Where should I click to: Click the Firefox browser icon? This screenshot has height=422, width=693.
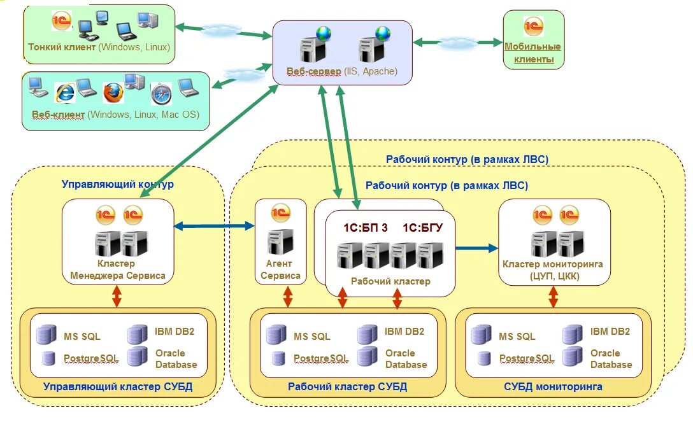[113, 93]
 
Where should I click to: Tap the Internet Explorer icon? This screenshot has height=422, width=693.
[65, 93]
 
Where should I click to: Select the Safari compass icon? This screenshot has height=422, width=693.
[161, 94]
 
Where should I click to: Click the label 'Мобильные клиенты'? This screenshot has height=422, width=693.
[533, 53]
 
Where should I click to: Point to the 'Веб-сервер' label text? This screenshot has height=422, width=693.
[314, 71]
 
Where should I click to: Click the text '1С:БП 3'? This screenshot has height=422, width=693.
[366, 228]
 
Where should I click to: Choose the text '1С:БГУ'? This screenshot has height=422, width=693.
[422, 228]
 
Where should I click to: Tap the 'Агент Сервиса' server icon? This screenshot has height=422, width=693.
[280, 242]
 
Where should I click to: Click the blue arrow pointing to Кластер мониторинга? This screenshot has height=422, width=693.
[476, 248]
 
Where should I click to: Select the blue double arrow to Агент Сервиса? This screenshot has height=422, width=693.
[214, 226]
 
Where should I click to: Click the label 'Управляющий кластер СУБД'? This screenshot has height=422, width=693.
[118, 387]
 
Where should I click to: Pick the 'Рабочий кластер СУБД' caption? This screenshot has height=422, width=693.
[347, 387]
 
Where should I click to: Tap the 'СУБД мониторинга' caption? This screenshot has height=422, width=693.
[553, 387]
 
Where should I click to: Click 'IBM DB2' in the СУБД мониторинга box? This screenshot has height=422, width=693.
[610, 332]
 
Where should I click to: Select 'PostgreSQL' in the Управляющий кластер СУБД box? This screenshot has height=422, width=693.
[90, 358]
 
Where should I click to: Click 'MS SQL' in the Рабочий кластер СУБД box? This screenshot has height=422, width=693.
[312, 336]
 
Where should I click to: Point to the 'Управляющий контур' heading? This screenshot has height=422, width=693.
[118, 184]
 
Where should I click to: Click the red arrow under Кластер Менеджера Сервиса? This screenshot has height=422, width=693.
[117, 296]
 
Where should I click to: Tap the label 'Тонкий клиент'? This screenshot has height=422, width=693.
[62, 47]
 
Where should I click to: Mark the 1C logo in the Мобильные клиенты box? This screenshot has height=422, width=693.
[534, 27]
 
